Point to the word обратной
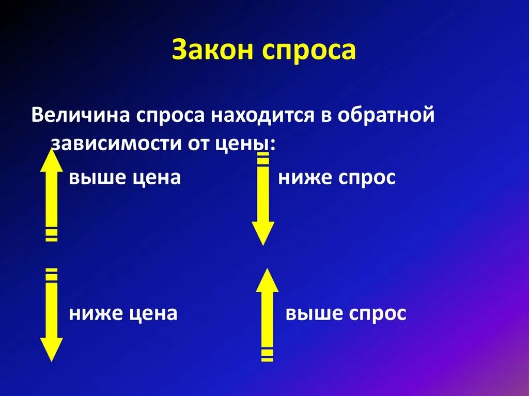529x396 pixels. point(386,115)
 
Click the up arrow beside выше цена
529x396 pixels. point(52,194)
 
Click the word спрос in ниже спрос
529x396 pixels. point(367,178)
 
